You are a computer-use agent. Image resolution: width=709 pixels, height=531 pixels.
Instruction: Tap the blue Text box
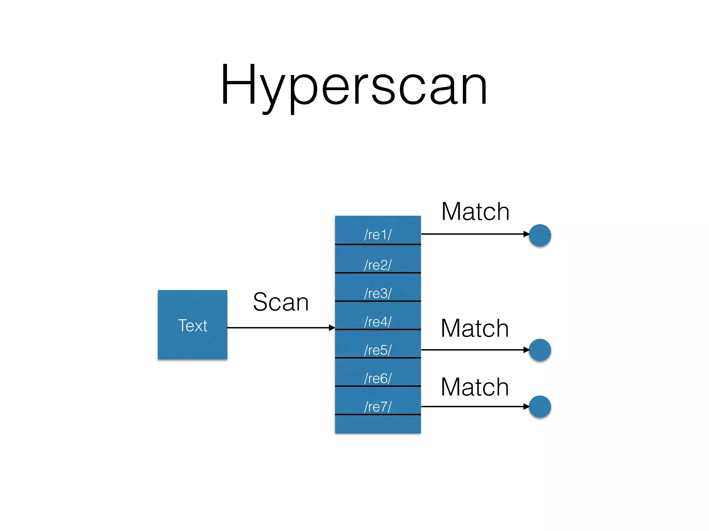coord(192,325)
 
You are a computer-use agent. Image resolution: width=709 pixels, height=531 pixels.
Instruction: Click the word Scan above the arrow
coord(280,302)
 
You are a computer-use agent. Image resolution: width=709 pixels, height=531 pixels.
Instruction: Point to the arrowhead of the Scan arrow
coord(332,327)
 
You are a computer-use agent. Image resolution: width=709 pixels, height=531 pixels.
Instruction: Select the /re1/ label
coord(378,235)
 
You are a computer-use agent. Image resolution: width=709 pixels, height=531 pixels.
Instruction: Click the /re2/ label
coord(378,265)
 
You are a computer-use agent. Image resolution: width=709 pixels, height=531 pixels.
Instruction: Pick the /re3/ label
coord(378,294)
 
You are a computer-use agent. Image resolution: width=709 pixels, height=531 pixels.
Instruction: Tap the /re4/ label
coord(378,322)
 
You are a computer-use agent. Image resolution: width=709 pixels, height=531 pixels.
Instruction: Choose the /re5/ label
coord(378,350)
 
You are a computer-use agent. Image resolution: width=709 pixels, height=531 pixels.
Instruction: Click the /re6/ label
coord(378,379)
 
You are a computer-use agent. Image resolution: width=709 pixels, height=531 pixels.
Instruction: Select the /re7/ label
coord(378,407)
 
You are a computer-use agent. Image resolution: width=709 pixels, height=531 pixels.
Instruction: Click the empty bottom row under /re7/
coord(378,424)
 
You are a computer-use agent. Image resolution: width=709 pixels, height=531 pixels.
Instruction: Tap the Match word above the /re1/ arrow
coord(475,212)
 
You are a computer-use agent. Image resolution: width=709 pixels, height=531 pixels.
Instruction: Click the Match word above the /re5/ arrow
coord(475,328)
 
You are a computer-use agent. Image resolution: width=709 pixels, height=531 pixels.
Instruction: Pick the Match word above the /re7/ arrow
coord(475,387)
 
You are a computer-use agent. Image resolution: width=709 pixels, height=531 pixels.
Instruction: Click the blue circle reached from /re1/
coord(540,235)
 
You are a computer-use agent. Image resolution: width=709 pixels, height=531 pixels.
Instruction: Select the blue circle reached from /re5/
coord(540,350)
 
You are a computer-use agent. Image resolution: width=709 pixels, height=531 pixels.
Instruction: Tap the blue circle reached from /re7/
coord(540,407)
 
